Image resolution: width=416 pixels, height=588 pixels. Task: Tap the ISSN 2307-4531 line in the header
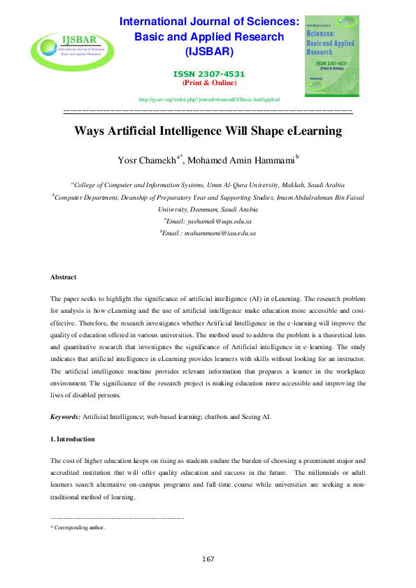[x=210, y=74]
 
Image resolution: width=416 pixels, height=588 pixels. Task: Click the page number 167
[x=208, y=559]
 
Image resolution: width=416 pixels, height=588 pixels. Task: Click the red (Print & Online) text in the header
[x=209, y=82]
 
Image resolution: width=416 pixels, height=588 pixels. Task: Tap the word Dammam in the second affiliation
[x=203, y=209]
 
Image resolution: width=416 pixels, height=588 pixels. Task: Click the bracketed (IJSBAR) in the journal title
[x=209, y=52]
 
